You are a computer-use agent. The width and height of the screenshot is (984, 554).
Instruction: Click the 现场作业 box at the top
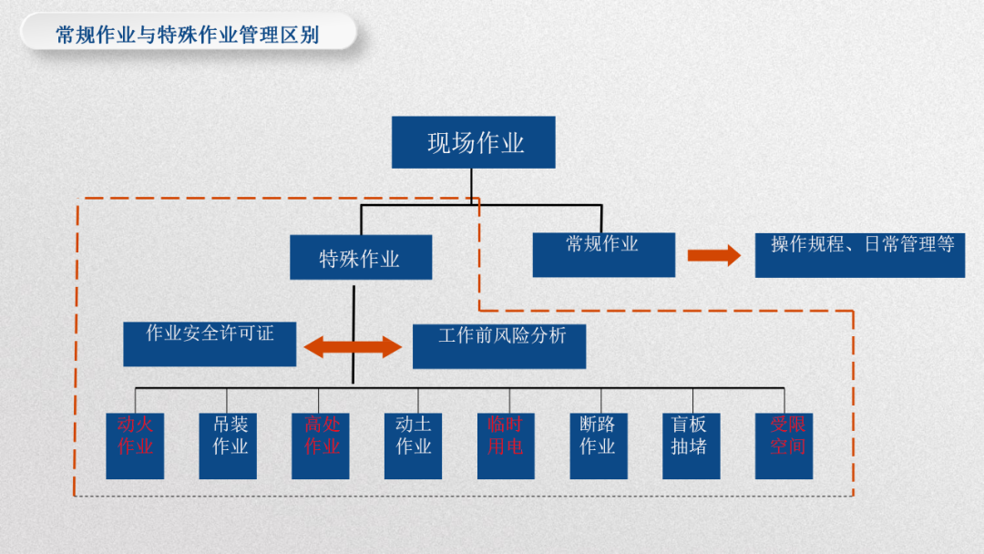click(x=474, y=142)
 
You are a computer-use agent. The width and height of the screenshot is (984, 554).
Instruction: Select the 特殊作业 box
click(x=360, y=258)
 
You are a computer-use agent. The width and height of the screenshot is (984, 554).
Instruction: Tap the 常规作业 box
click(x=603, y=254)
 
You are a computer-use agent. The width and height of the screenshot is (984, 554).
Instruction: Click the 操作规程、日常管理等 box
click(x=859, y=255)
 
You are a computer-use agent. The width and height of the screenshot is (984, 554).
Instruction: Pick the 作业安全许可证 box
click(x=210, y=344)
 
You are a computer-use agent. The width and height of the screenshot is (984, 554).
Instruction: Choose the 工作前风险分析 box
click(x=499, y=346)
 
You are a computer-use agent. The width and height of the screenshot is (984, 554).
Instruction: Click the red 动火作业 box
click(x=135, y=446)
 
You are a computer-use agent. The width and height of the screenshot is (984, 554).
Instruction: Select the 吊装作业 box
click(x=229, y=446)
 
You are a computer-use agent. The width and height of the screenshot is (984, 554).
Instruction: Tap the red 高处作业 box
click(x=321, y=446)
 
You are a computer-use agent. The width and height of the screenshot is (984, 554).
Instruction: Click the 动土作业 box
click(x=413, y=446)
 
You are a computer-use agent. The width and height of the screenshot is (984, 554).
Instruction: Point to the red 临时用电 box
click(x=506, y=446)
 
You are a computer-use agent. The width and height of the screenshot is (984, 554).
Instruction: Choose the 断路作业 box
click(x=599, y=446)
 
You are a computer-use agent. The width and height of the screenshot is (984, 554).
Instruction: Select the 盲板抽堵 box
click(x=691, y=446)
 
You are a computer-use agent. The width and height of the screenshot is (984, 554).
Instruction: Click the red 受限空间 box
click(x=784, y=446)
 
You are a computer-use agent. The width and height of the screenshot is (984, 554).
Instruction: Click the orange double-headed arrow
click(x=353, y=347)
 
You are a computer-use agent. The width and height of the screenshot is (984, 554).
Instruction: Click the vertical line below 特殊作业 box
click(x=354, y=310)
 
